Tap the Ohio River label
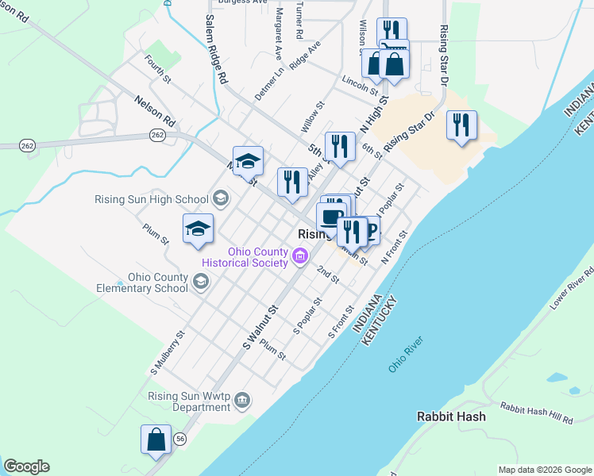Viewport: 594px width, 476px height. tap(406, 355)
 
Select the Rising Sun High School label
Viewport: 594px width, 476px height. tap(151, 199)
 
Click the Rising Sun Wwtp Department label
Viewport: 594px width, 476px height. tap(190, 402)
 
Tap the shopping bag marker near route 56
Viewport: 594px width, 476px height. tap(156, 440)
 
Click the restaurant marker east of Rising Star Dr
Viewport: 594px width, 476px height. tap(461, 125)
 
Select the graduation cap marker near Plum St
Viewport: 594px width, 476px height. tap(198, 229)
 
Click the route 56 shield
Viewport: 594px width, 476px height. tap(181, 437)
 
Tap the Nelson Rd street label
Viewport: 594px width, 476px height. tap(154, 110)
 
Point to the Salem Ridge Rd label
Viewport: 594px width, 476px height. tap(217, 49)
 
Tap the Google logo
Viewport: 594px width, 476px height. tap(26, 466)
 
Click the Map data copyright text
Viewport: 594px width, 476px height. tap(544, 470)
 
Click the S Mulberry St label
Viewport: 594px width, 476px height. tap(168, 353)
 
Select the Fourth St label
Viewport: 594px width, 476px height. tap(157, 68)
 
